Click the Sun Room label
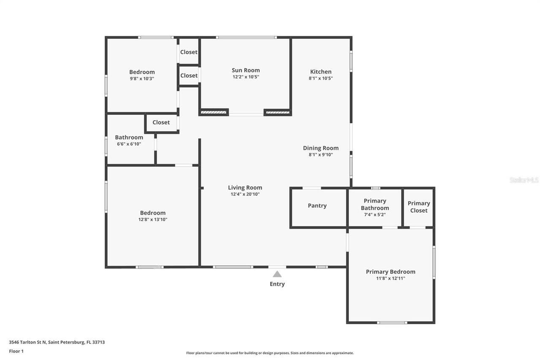tap(246, 70)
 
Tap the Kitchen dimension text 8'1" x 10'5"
tap(321, 78)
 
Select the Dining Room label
tap(321, 148)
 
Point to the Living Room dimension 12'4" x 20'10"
tap(245, 194)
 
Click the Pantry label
tap(317, 206)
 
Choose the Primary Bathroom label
tap(375, 204)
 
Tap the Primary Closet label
tap(418, 207)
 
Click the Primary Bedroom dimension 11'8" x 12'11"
tap(390, 279)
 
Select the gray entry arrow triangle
tap(277, 274)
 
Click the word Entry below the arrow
tap(277, 284)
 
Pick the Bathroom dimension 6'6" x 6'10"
tap(129, 144)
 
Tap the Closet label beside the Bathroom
tap(161, 122)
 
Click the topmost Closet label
tap(189, 52)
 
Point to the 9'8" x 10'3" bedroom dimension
tap(142, 78)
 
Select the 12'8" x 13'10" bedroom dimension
tap(153, 219)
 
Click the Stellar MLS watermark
tap(524, 180)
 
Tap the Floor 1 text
tap(16, 351)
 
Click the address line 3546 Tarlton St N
tap(57, 342)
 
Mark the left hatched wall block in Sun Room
tap(213, 112)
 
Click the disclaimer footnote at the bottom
tap(270, 353)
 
